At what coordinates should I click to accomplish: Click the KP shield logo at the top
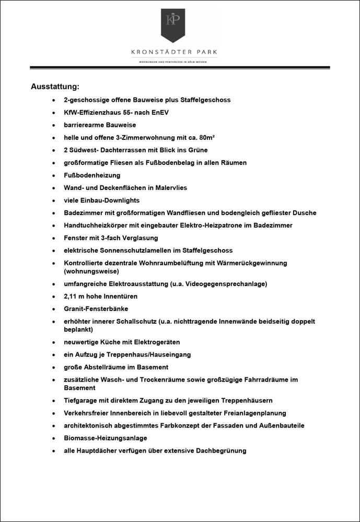tap(173, 25)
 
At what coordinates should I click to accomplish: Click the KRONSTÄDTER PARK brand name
tap(175, 52)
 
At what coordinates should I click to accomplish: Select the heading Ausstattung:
tap(55, 86)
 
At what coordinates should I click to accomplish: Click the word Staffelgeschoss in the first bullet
tap(205, 100)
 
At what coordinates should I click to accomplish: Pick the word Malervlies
tap(169, 187)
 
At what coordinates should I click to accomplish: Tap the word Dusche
tap(304, 212)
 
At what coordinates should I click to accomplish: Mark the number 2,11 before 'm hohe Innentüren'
tap(71, 296)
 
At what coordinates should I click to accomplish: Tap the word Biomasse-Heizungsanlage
tap(105, 438)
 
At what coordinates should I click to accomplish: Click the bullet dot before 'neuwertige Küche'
tap(54, 342)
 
